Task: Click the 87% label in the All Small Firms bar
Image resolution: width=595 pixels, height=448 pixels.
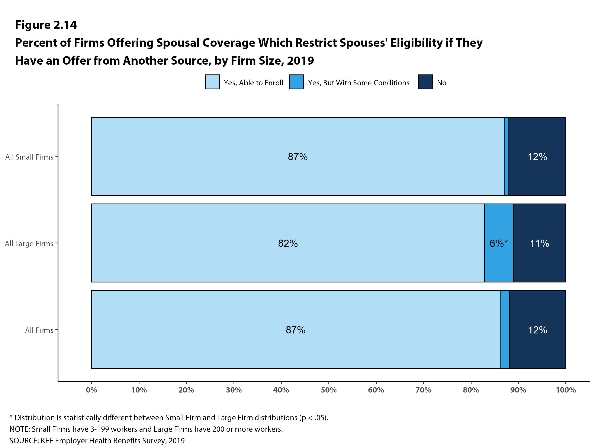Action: point(297,157)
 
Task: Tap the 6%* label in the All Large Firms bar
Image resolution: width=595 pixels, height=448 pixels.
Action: point(498,243)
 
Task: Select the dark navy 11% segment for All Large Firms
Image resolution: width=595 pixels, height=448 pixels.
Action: point(539,258)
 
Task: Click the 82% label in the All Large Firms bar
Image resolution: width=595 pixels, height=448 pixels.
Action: point(288,243)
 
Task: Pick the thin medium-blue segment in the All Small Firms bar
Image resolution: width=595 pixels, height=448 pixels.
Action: point(506,156)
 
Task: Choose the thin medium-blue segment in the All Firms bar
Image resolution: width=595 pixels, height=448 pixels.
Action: point(505,330)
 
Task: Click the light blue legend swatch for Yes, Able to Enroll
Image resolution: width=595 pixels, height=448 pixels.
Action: point(212,82)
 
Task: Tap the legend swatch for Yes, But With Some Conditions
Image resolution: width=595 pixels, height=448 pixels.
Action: point(296,82)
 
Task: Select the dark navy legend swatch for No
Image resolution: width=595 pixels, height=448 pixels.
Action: point(425,82)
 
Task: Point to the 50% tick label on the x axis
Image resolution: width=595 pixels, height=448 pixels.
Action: point(328,390)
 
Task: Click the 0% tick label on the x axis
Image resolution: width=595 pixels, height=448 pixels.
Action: point(91,390)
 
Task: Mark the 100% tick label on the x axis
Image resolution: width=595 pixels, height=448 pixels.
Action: point(566,390)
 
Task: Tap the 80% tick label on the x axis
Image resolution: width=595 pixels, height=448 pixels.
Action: point(471,390)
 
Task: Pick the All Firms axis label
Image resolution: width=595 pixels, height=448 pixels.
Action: point(39,330)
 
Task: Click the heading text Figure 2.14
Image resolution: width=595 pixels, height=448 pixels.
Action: point(46,25)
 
